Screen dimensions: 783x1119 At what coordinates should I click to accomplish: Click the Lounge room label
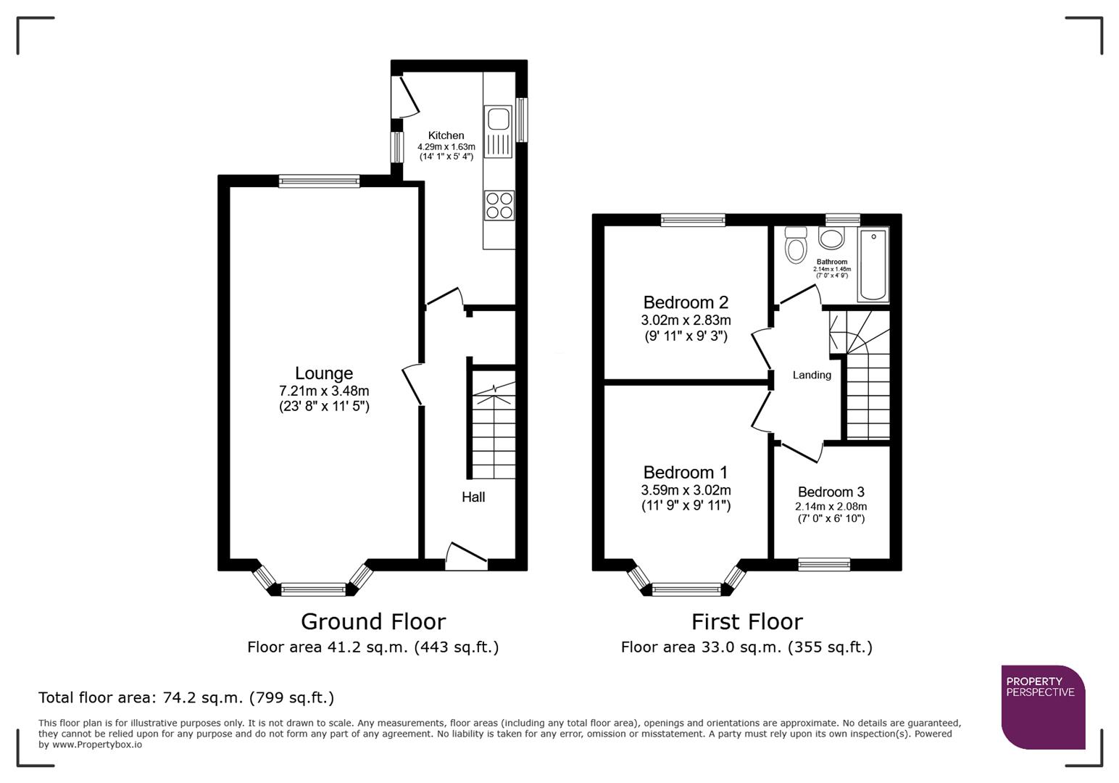click(x=324, y=373)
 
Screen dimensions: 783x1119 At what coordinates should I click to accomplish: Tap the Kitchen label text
click(x=446, y=136)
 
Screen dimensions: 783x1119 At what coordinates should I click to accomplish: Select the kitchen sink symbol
click(x=499, y=118)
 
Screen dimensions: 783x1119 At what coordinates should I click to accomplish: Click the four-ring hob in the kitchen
click(x=499, y=204)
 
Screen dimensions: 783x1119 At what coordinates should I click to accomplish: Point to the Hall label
click(x=473, y=497)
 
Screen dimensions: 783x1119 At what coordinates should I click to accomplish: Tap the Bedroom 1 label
click(x=686, y=473)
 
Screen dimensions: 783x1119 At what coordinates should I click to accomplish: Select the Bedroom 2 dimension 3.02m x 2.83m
click(x=686, y=320)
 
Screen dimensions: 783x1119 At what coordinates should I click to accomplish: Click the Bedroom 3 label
click(x=831, y=492)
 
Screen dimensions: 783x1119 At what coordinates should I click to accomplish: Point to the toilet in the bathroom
click(x=796, y=245)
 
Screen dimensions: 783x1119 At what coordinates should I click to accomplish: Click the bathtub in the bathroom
click(x=873, y=265)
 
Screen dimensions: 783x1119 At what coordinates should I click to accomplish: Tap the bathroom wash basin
click(x=832, y=238)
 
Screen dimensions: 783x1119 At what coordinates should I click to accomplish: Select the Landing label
click(x=812, y=376)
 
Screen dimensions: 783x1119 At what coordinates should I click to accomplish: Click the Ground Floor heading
click(x=373, y=622)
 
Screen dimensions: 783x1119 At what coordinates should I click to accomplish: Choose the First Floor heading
click(x=746, y=622)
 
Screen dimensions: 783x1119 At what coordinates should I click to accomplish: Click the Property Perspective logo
click(x=1043, y=706)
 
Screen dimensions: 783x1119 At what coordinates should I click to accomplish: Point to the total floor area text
click(x=186, y=698)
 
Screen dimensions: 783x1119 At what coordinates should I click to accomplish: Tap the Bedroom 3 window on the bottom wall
click(x=824, y=564)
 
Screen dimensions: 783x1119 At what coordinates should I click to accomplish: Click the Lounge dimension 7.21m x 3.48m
click(x=324, y=391)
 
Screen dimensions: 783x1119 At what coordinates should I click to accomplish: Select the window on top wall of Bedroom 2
click(x=693, y=220)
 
